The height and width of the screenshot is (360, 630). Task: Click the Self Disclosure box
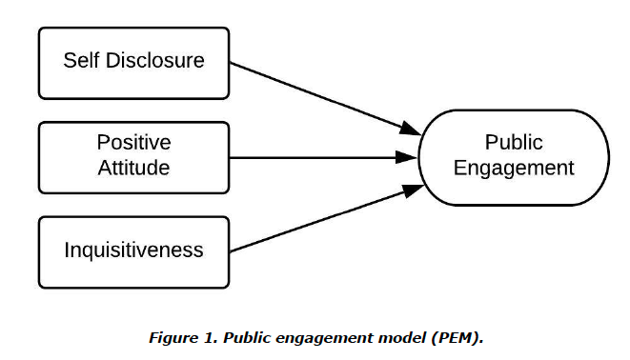pos(133,61)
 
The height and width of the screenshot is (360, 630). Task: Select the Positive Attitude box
pos(133,155)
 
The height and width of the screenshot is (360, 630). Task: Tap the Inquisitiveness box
pos(133,250)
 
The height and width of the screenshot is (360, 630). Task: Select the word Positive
pos(133,143)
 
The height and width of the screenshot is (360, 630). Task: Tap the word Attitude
pos(133,168)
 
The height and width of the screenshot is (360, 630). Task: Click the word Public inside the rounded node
pos(514,143)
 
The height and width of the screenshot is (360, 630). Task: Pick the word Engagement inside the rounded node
pos(514,169)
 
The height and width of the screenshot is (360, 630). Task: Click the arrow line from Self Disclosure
pos(315,95)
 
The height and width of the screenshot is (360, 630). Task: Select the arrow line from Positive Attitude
pos(315,156)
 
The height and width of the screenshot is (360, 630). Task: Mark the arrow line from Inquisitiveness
pos(315,219)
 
